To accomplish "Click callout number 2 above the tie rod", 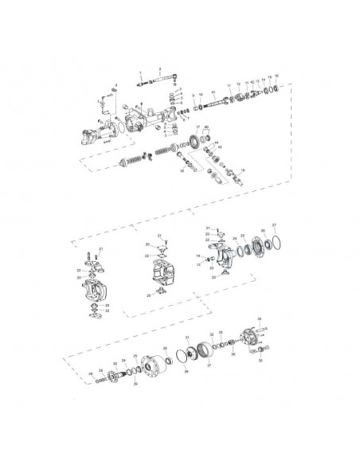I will click(160, 70).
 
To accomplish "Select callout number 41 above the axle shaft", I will click(213, 93).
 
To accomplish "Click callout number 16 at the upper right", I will click(276, 76).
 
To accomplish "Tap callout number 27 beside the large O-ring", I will click(274, 225).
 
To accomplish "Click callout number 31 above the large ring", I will click(186, 338).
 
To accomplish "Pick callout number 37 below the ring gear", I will click(208, 367).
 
